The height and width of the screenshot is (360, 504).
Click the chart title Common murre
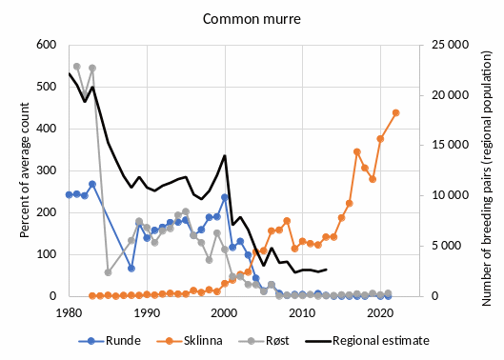point(251,18)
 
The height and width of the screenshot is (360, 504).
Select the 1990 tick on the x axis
point(147,311)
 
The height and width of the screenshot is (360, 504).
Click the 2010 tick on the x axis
point(302,311)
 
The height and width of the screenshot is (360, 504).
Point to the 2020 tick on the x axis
point(380,311)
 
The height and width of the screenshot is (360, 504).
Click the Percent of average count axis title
point(16,170)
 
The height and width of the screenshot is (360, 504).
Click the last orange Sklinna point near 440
point(395,112)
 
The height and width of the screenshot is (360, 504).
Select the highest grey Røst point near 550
point(77,67)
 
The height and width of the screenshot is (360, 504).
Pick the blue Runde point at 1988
point(131,269)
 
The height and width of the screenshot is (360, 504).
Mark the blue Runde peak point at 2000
point(225,197)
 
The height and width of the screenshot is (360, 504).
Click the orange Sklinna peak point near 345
point(356,151)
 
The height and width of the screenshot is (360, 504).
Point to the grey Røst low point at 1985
point(108,272)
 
